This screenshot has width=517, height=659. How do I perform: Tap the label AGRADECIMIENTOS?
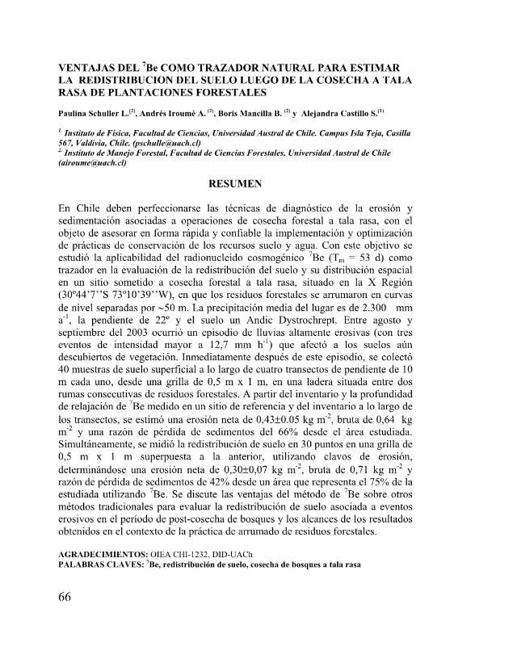[103, 556]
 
